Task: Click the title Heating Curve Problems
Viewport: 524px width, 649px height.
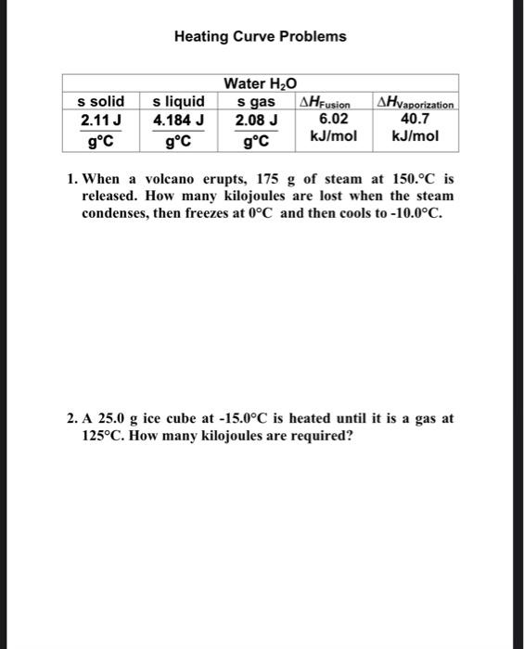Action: pyautogui.click(x=260, y=37)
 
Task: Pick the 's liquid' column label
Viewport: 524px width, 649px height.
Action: pyautogui.click(x=178, y=101)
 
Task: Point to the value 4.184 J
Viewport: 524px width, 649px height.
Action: pyautogui.click(x=178, y=120)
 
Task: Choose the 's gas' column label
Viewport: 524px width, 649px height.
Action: pyautogui.click(x=256, y=101)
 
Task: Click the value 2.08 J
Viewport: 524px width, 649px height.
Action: pyautogui.click(x=256, y=120)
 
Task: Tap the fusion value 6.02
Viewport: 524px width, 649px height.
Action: pyautogui.click(x=333, y=119)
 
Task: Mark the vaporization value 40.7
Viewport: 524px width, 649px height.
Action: pyautogui.click(x=415, y=119)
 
